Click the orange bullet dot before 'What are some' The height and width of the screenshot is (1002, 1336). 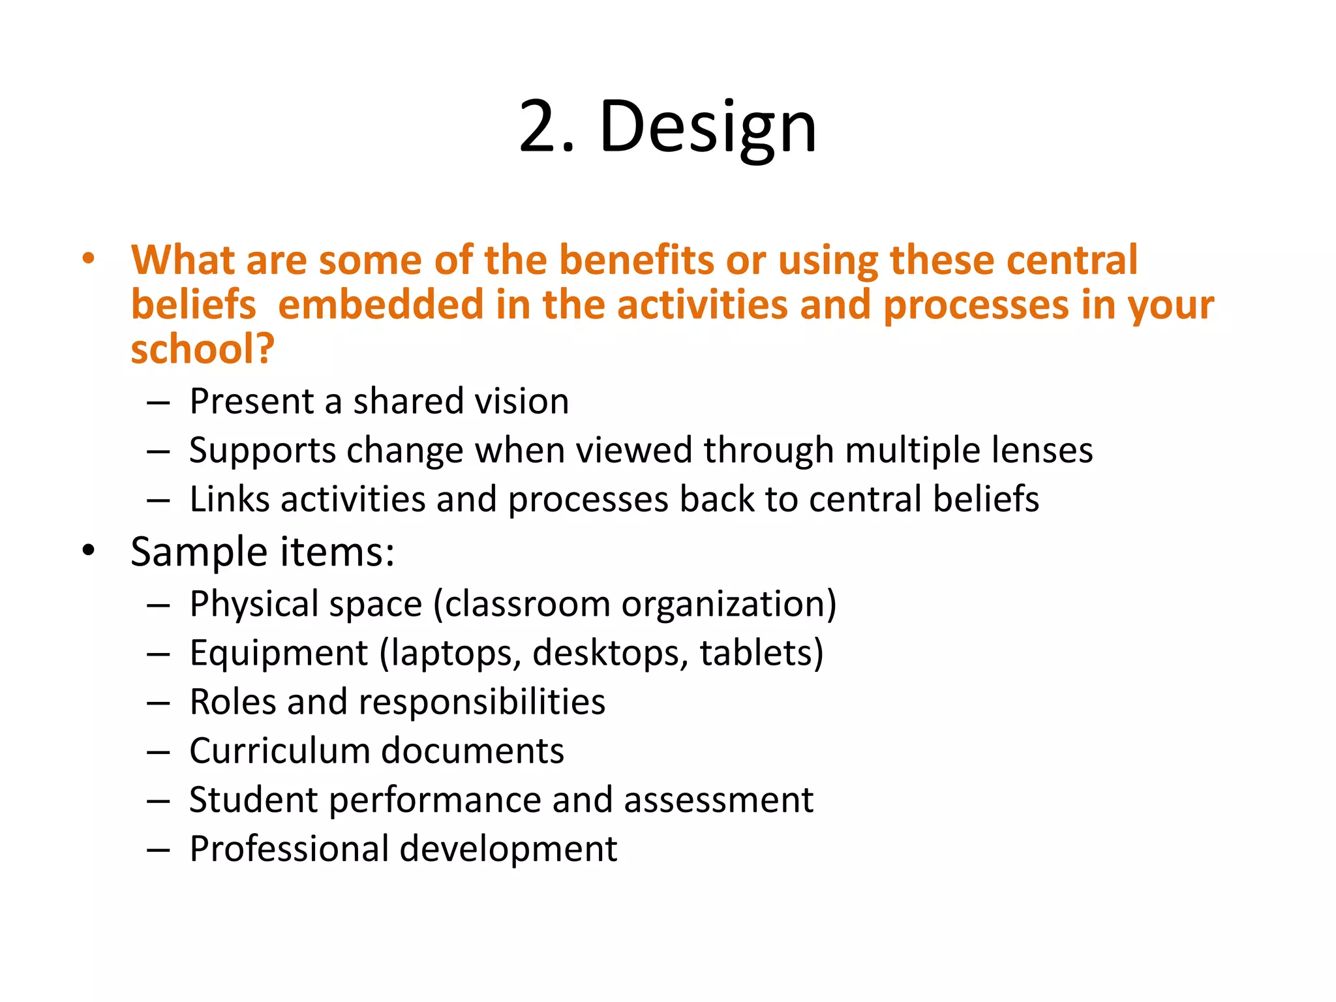tap(88, 259)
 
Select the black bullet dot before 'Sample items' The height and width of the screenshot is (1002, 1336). tap(88, 551)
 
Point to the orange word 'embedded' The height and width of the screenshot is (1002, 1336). tap(380, 305)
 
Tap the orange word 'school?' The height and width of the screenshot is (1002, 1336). tap(202, 349)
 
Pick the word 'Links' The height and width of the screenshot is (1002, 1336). tap(229, 499)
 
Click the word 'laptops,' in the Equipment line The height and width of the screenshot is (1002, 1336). tap(451, 653)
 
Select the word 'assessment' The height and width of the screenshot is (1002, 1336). tap(718, 800)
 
